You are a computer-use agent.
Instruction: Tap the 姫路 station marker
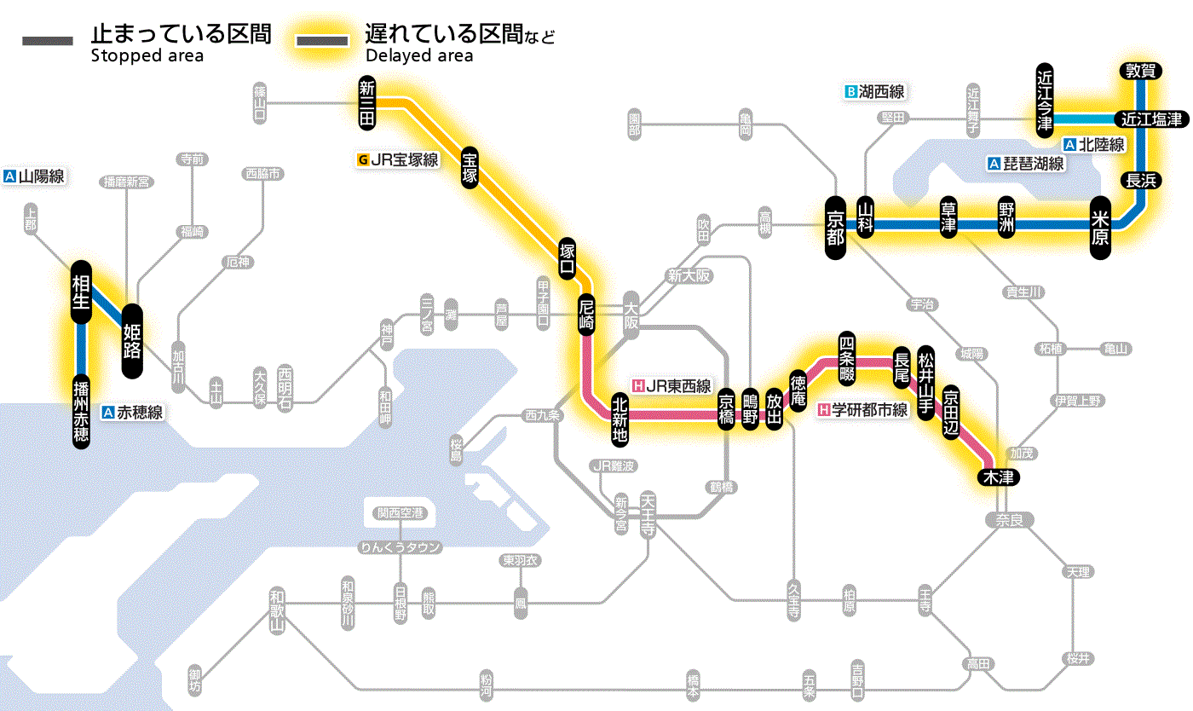[133, 341]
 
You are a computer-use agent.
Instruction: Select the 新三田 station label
[367, 103]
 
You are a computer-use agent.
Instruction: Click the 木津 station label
[996, 477]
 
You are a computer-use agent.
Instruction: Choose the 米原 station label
[1100, 226]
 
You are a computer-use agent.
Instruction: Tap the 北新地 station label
[620, 419]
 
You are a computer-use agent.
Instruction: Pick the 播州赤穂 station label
[81, 411]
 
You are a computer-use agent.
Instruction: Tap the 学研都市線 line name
[869, 410]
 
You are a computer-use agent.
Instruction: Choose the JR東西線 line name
[677, 385]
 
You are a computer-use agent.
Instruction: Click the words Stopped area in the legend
[147, 56]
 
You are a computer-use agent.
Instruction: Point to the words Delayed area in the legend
[419, 56]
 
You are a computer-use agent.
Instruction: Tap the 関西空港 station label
[401, 513]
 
